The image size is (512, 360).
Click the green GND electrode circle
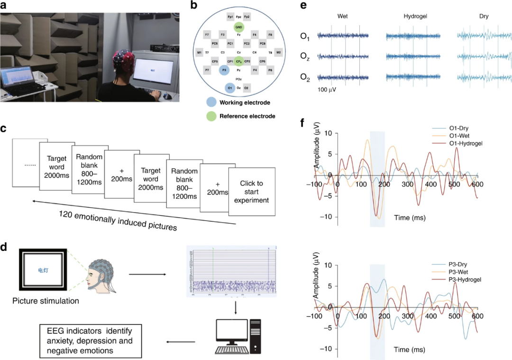[x=238, y=27]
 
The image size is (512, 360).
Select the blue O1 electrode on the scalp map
[x=230, y=88]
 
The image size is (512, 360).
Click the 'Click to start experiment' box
[x=251, y=192]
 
